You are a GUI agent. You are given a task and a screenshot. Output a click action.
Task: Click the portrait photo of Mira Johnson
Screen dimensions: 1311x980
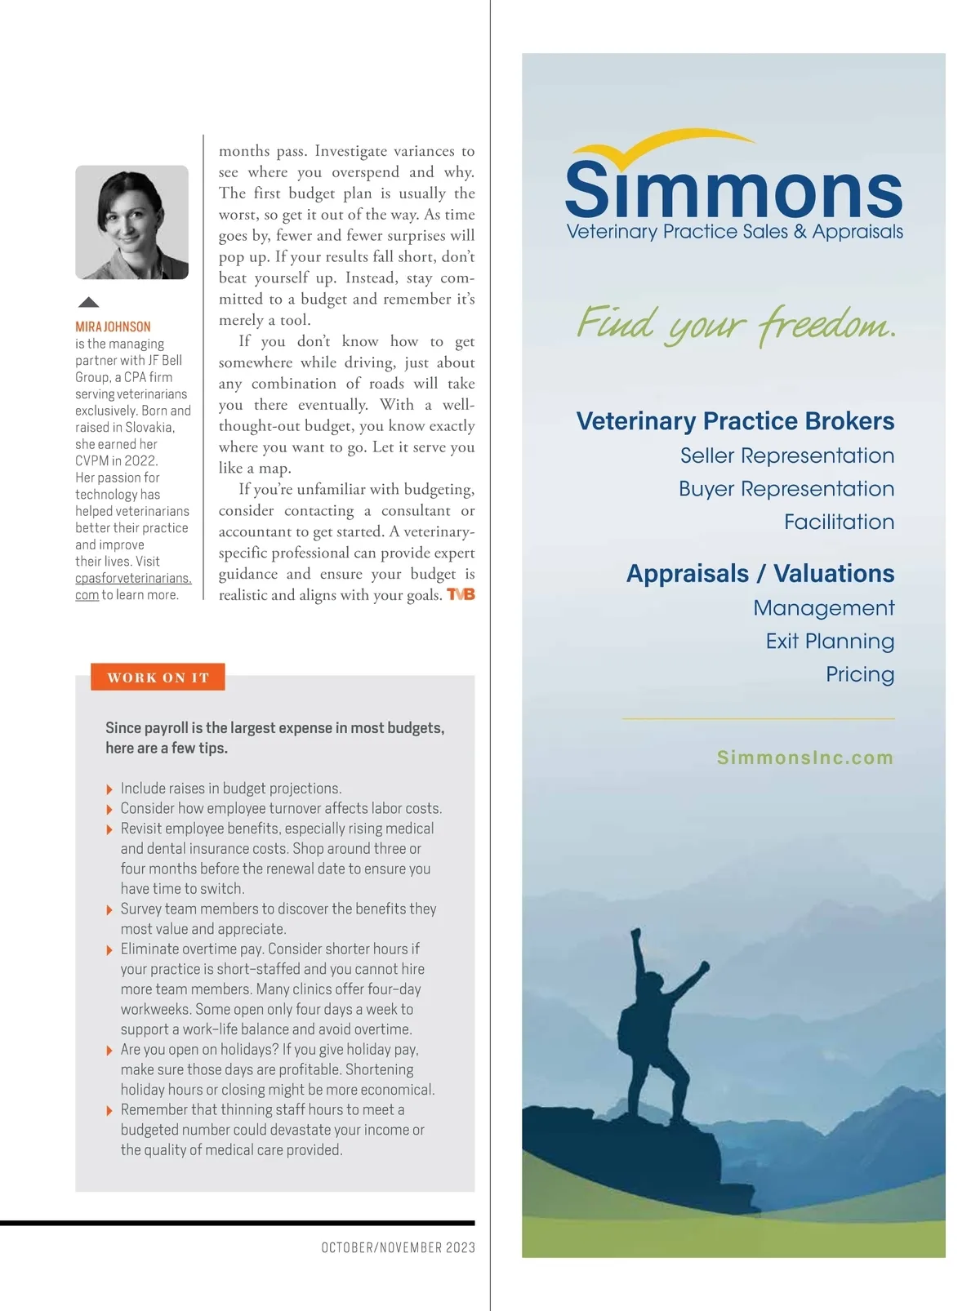click(x=131, y=222)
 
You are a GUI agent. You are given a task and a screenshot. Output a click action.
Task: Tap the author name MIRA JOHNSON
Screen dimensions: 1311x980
click(x=113, y=327)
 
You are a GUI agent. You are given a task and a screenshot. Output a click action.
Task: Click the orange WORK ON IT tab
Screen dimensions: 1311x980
click(x=158, y=678)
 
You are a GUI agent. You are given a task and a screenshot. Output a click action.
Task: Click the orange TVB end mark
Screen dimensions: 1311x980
click(x=461, y=595)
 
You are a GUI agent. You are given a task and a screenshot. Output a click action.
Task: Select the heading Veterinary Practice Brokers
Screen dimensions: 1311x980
click(x=735, y=421)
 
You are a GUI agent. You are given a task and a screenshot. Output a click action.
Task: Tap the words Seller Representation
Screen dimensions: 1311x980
click(x=786, y=456)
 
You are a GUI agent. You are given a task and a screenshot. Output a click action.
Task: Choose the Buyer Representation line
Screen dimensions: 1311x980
click(x=786, y=489)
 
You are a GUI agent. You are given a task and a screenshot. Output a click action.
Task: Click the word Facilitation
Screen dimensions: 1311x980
click(x=839, y=522)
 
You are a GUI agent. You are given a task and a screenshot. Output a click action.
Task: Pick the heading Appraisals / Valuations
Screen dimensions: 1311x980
click(x=759, y=574)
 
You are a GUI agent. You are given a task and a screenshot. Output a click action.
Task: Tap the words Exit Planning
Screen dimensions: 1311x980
click(x=830, y=642)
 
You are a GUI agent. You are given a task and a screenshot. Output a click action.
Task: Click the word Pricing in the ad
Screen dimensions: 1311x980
click(x=859, y=674)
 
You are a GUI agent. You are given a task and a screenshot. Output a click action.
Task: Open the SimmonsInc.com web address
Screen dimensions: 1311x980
click(x=804, y=758)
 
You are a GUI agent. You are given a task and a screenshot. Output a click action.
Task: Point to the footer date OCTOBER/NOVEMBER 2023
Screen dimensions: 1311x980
click(x=398, y=1247)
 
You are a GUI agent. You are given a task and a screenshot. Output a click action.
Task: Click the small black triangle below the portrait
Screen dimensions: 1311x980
click(x=88, y=302)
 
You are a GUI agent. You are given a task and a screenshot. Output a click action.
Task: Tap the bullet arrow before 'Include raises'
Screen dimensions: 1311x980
click(x=109, y=789)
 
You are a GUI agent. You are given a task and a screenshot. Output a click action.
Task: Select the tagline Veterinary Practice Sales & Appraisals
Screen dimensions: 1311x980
click(x=734, y=232)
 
